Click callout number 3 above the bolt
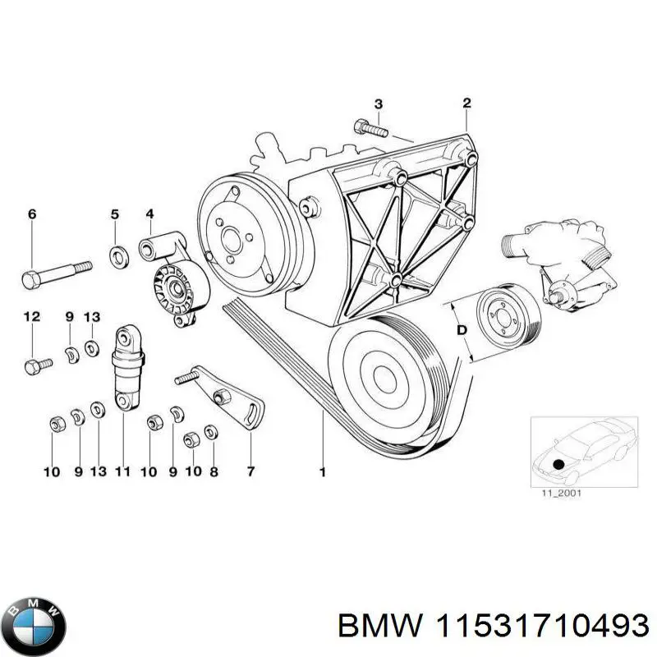coord(378,103)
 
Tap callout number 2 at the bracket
coord(466,103)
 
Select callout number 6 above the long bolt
coord(32,214)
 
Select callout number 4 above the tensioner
coord(150,214)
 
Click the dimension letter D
coord(461,330)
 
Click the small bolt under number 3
coord(370,129)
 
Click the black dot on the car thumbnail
coord(559,464)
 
